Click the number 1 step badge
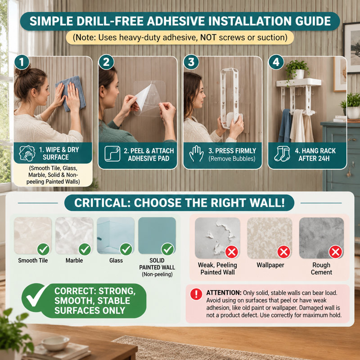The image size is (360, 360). point(22,62)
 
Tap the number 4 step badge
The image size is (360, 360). point(276,62)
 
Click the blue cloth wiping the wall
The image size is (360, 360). point(72,93)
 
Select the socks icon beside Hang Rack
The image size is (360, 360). point(282,153)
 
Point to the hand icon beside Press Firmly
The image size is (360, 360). point(196,153)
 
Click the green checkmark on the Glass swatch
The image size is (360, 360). point(126,249)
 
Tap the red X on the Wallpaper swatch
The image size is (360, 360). point(284,252)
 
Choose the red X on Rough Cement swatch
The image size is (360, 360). point(335,252)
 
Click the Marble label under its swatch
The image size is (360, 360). point(74,261)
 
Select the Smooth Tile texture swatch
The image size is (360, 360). point(33,235)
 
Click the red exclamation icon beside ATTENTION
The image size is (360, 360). point(196,294)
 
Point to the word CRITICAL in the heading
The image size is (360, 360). point(101,203)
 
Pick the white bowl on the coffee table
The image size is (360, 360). point(55,343)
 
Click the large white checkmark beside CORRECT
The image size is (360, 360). point(36,296)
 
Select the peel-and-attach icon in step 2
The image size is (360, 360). point(112,153)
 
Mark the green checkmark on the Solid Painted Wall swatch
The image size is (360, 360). point(167,249)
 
